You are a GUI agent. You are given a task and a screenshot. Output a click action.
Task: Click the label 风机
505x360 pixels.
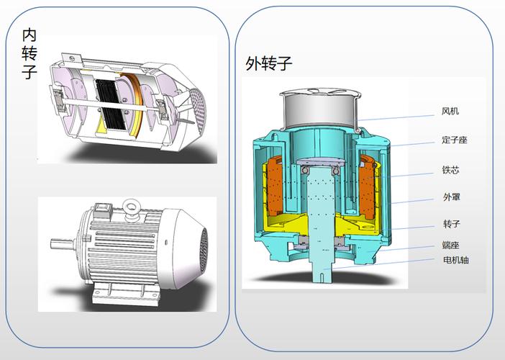pyautogui.click(x=450, y=112)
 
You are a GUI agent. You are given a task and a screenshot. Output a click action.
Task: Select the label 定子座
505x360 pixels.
pyautogui.click(x=455, y=140)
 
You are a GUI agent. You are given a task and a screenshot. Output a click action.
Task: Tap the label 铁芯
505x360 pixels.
pyautogui.click(x=450, y=170)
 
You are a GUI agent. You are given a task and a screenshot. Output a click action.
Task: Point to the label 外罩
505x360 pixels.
pyautogui.click(x=452, y=197)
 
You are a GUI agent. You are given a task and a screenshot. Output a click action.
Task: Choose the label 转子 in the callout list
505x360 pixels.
pyautogui.click(x=452, y=224)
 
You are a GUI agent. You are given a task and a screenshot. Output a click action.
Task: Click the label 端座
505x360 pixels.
pyautogui.click(x=450, y=245)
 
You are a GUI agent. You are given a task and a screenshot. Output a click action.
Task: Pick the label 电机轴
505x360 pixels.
pyautogui.click(x=456, y=260)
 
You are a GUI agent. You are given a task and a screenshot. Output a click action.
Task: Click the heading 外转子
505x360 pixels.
pyautogui.click(x=268, y=63)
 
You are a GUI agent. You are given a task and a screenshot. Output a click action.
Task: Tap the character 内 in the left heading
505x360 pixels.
pyautogui.click(x=29, y=35)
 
